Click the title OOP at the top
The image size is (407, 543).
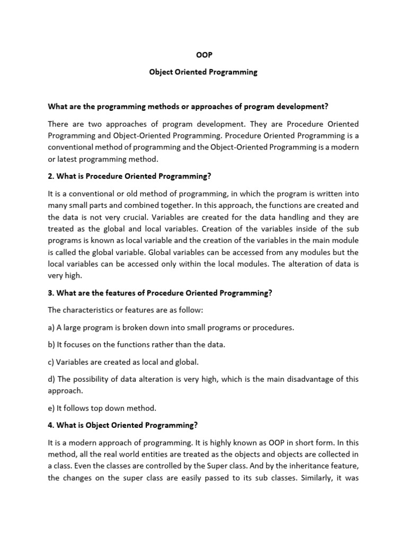203,54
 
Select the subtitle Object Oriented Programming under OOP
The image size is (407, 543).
203,72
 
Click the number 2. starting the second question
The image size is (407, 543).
50,176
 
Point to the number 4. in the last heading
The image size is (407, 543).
50,425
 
